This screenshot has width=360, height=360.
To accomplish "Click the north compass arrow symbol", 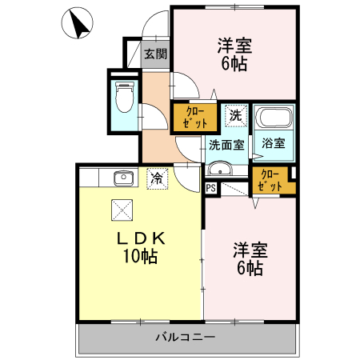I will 78,24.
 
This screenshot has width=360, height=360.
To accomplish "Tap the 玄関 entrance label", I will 155,54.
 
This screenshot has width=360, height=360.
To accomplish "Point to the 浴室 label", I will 274,144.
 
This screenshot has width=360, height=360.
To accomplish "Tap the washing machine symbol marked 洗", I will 235,115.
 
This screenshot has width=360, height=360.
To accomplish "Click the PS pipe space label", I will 210,188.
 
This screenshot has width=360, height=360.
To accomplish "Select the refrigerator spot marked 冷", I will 158,177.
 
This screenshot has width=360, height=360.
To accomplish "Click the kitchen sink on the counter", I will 122,177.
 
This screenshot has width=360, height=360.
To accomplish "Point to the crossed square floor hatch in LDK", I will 121,209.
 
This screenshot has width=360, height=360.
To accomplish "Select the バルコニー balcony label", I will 186,338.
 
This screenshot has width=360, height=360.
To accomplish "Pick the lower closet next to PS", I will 270,181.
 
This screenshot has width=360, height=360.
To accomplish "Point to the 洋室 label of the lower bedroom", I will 249,250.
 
